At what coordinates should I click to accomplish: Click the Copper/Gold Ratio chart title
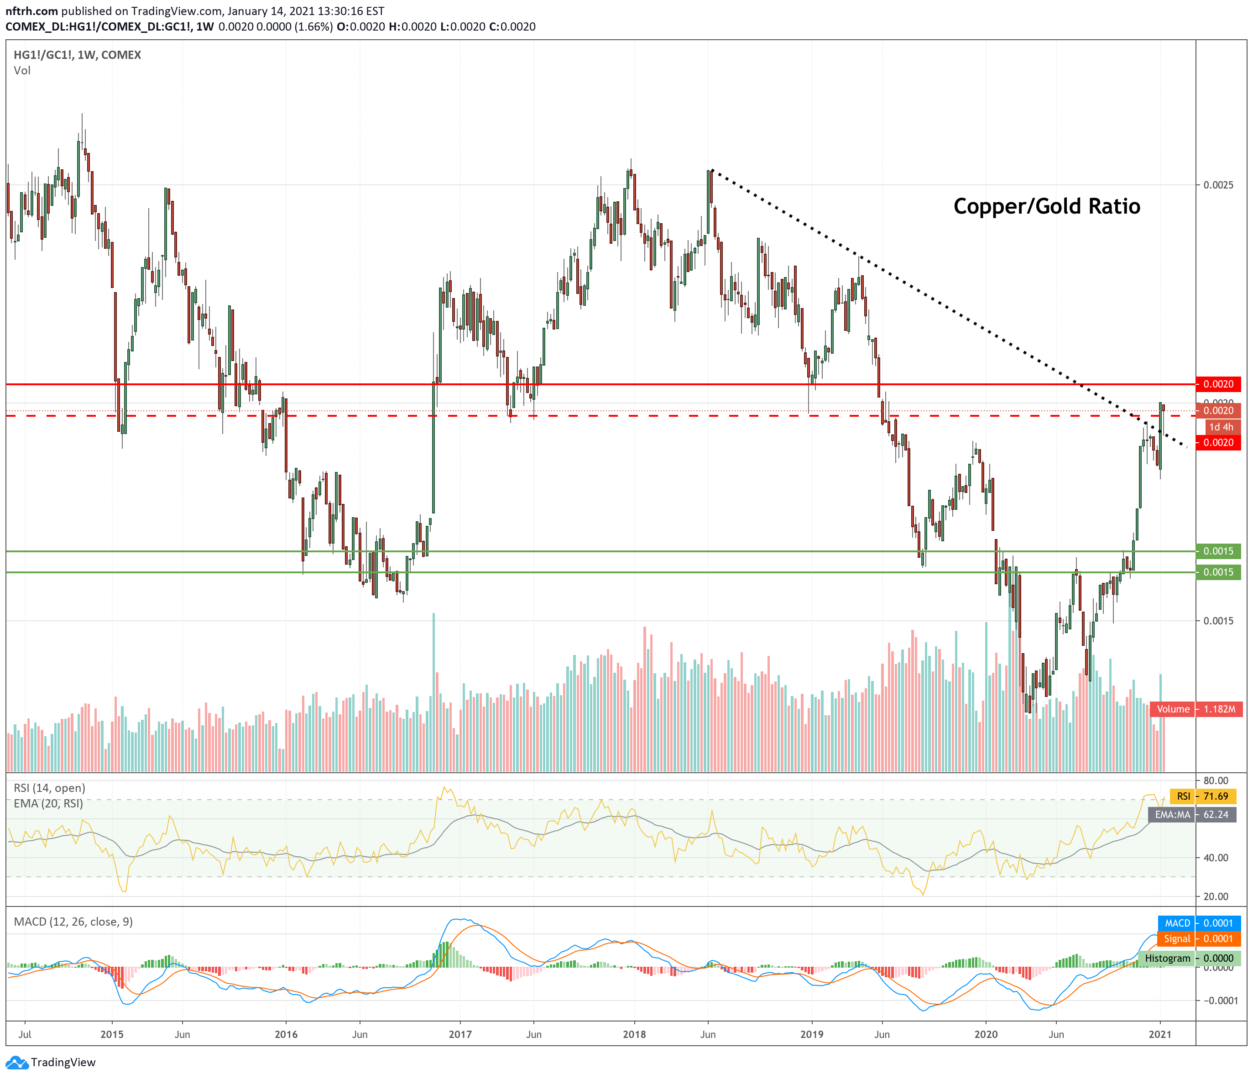[x=1046, y=206]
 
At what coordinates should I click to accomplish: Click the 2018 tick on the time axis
[x=634, y=1034]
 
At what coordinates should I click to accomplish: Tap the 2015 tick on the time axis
[x=112, y=1034]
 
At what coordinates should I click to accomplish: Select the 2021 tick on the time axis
[x=1160, y=1034]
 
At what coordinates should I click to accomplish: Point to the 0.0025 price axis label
[x=1218, y=184]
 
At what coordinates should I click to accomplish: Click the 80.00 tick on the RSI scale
[x=1216, y=780]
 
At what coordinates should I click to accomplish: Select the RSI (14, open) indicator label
[x=50, y=788]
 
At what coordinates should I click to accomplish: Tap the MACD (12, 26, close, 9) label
[x=73, y=922]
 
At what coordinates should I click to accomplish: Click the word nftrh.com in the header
[x=31, y=11]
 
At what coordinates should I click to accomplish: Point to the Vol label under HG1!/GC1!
[x=22, y=70]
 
